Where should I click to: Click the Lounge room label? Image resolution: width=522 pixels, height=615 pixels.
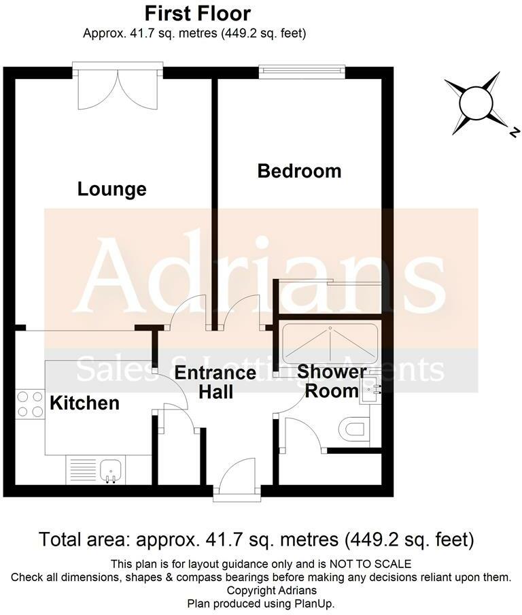(112, 188)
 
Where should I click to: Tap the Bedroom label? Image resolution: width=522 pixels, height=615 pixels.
(299, 171)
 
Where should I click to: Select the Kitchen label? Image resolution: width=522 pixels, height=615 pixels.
(84, 403)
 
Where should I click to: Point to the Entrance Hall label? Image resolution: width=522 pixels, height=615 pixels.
(215, 382)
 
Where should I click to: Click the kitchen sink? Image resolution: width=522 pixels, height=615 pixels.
(110, 469)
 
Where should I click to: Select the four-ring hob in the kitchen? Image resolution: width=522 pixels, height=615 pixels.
(29, 403)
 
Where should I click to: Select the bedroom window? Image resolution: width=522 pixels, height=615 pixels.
(302, 71)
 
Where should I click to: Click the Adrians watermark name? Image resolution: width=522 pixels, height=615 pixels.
(261, 276)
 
